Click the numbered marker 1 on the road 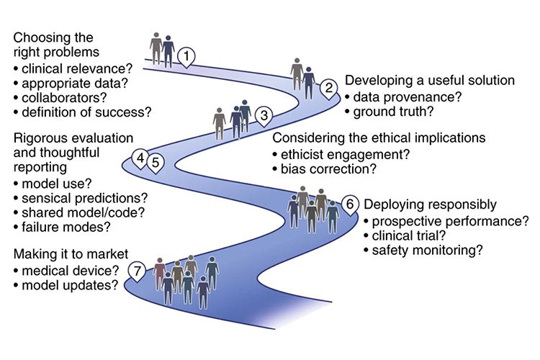[x=186, y=55]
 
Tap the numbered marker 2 [x=329, y=89]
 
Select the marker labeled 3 [x=264, y=114]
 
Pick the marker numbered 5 [x=155, y=161]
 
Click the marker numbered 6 [x=350, y=204]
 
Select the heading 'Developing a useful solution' [x=429, y=80]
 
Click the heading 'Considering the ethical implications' [x=378, y=138]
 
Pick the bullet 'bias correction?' [x=323, y=169]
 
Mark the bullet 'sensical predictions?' [x=80, y=197]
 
